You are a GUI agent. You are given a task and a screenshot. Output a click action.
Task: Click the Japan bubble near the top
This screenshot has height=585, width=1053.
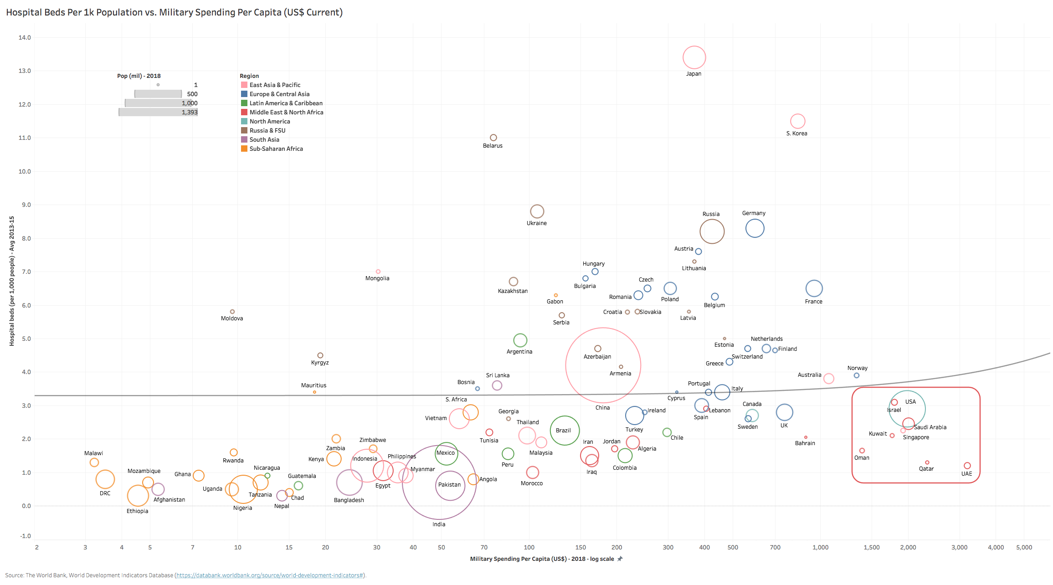click(694, 57)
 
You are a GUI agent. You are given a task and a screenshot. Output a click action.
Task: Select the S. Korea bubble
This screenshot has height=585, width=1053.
click(797, 121)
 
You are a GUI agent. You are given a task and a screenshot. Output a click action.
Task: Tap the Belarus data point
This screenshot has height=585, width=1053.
click(493, 138)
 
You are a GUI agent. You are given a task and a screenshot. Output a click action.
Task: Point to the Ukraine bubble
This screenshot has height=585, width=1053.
click(537, 211)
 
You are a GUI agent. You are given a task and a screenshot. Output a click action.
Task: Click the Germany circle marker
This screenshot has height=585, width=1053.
click(755, 228)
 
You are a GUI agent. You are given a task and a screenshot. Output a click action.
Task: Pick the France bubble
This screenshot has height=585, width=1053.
click(814, 288)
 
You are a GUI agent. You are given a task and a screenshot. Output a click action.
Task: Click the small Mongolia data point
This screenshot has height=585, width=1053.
click(378, 272)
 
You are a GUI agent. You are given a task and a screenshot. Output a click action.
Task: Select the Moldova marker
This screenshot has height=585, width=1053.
click(232, 312)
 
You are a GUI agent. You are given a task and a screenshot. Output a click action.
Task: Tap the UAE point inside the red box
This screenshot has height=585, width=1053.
click(967, 466)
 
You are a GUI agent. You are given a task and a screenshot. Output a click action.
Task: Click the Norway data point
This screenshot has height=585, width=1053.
click(857, 375)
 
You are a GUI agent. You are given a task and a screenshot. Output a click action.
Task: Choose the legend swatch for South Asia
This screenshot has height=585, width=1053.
click(244, 139)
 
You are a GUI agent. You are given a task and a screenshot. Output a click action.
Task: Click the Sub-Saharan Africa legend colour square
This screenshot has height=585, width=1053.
click(244, 149)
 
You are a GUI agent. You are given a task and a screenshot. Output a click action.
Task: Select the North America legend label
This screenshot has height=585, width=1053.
click(270, 121)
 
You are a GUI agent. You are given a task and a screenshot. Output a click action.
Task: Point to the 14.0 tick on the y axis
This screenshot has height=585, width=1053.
click(25, 37)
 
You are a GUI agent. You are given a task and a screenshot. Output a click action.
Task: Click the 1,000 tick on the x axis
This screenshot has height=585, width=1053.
click(820, 547)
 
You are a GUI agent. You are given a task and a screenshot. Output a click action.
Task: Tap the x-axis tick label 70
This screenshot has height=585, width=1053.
click(484, 547)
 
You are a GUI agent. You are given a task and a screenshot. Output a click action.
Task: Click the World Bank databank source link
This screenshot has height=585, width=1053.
click(270, 575)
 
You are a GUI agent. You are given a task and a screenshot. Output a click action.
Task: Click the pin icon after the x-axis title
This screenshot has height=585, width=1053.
click(620, 559)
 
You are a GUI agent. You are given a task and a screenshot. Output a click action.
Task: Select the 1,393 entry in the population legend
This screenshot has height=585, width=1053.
click(190, 112)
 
